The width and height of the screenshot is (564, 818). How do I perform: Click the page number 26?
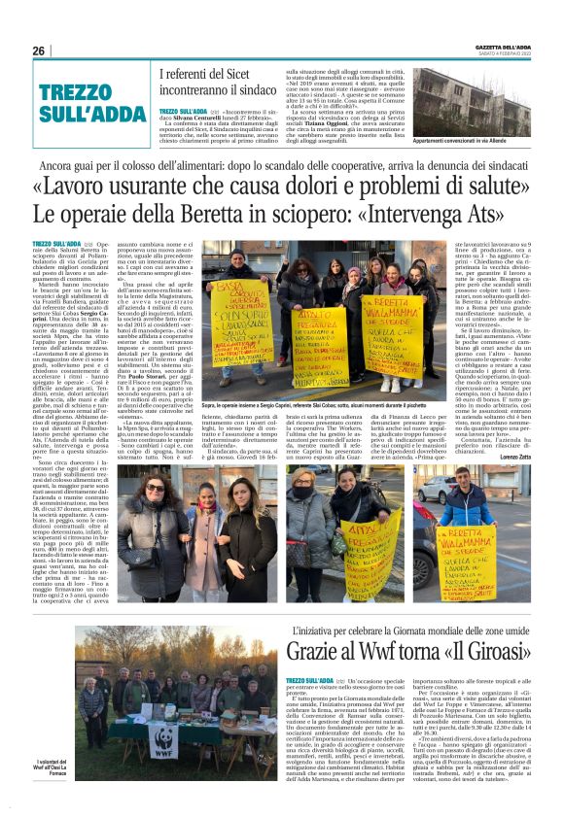pyautogui.click(x=39, y=51)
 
